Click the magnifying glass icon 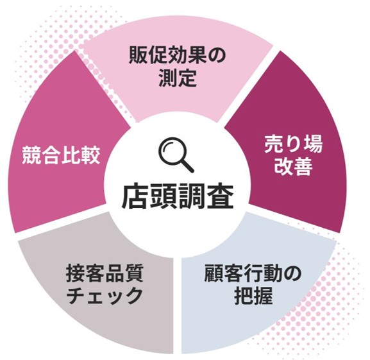pyautogui.click(x=176, y=155)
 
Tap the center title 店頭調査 pyautogui.click(x=178, y=196)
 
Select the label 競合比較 pyautogui.click(x=61, y=155)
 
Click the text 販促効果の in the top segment pyautogui.click(x=177, y=55)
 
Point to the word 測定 pyautogui.click(x=178, y=78)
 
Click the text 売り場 pyautogui.click(x=293, y=144)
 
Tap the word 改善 pyautogui.click(x=293, y=166)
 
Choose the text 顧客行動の pyautogui.click(x=253, y=273)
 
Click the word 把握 pyautogui.click(x=253, y=296)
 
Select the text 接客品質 pyautogui.click(x=105, y=273)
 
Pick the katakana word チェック pyautogui.click(x=105, y=296)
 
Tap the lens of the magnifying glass pyautogui.click(x=172, y=150)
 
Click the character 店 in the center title pyautogui.click(x=135, y=196)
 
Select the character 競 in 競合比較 pyautogui.click(x=31, y=155)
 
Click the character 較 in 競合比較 pyautogui.click(x=90, y=155)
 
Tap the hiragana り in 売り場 pyautogui.click(x=293, y=144)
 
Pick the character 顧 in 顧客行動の pyautogui.click(x=214, y=273)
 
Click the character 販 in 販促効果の pyautogui.click(x=139, y=55)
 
